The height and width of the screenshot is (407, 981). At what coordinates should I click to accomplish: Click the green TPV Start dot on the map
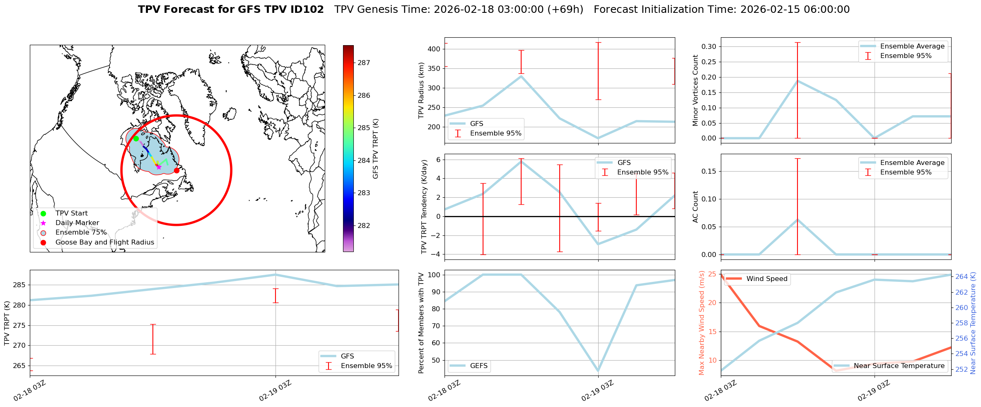136,138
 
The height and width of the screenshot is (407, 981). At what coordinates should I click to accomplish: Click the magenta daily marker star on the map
159,167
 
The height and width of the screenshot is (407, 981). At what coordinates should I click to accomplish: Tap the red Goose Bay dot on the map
176,170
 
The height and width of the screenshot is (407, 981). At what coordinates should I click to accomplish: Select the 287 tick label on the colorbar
364,63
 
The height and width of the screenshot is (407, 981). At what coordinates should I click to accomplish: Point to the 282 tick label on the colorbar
364,226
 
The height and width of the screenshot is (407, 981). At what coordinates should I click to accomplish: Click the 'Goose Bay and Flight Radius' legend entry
104,242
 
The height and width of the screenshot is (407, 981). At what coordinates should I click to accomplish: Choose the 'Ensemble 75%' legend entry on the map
81,233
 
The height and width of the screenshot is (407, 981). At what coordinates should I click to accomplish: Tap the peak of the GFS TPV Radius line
521,76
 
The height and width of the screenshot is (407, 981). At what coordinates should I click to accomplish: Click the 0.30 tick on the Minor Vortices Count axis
708,46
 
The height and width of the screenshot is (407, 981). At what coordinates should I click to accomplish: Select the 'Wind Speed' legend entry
766,279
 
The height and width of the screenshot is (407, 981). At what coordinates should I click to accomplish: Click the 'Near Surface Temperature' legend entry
899,366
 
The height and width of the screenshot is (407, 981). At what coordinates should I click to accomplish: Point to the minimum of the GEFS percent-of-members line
598,371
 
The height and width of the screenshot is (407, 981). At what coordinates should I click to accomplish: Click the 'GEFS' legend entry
478,366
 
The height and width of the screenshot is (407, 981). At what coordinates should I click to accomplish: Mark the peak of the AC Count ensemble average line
797,220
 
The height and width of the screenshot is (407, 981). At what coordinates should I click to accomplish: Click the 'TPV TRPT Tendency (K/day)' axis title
424,207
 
